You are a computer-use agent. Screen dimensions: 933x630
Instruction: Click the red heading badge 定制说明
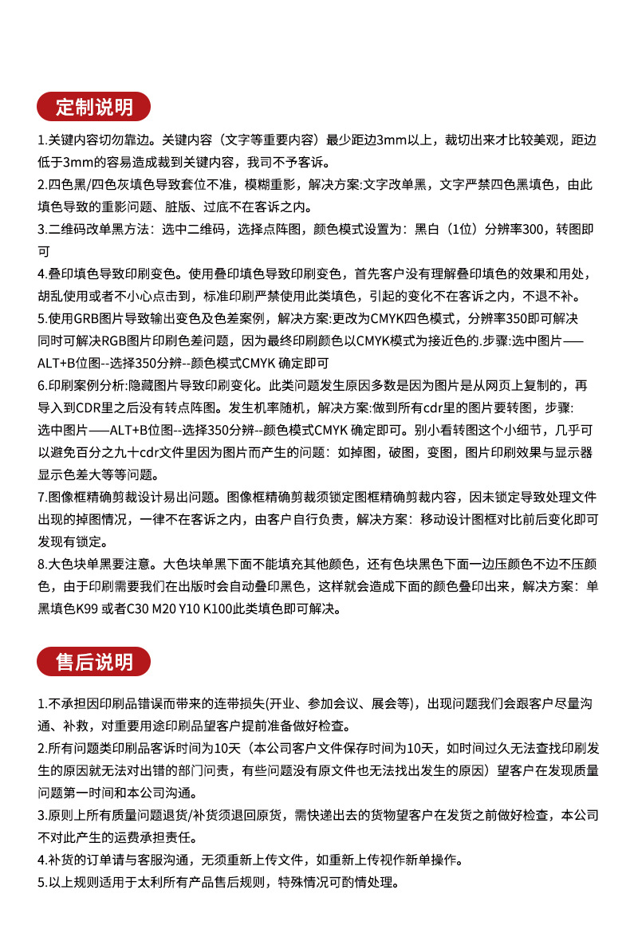pos(94,106)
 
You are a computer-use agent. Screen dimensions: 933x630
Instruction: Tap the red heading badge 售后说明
pos(94,662)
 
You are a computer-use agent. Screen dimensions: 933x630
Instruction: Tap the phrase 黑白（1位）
pos(446,230)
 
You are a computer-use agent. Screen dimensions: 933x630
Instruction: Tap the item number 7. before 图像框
pos(43,497)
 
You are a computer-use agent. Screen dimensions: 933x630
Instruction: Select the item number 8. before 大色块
pos(43,564)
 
